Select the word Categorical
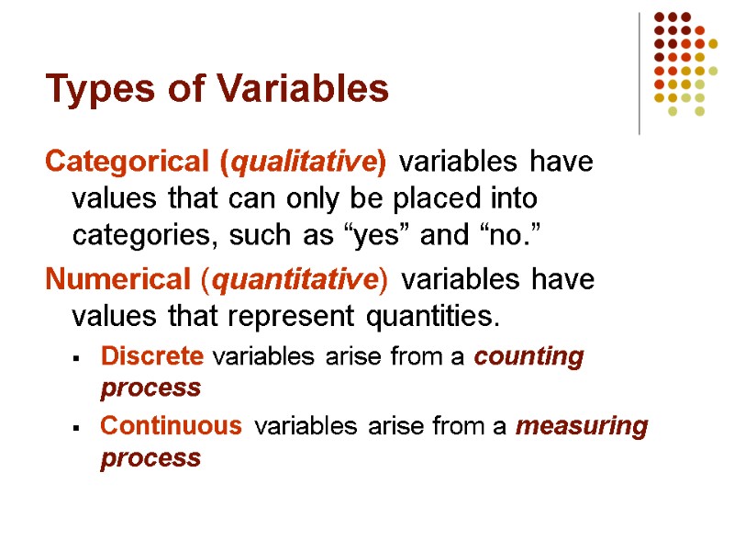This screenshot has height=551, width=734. (x=128, y=163)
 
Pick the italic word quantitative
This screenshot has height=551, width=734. (x=294, y=279)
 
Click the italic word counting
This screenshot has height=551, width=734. (x=528, y=357)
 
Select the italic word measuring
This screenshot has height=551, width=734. (x=582, y=426)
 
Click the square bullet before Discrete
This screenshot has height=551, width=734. (x=80, y=358)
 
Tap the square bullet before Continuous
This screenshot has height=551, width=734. (x=80, y=427)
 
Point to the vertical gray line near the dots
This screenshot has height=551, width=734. (x=639, y=73)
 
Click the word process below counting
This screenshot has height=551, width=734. (x=150, y=388)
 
